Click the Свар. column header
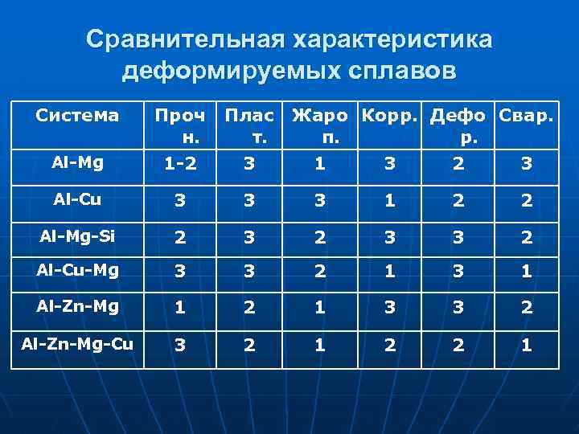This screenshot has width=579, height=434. point(526,116)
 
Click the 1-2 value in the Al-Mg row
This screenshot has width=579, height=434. point(179,164)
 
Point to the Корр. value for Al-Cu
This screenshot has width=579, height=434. point(390,200)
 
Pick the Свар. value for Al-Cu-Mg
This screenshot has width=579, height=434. point(526,272)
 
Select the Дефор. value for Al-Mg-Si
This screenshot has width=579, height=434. point(458,236)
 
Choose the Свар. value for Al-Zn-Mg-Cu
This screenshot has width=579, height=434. point(526,345)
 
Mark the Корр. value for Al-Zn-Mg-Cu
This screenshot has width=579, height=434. point(390,345)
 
